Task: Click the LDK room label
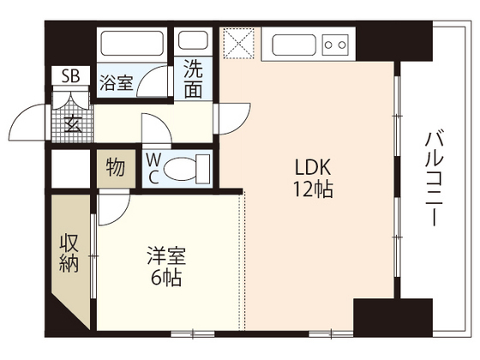[x=313, y=167]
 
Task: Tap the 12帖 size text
[x=313, y=189]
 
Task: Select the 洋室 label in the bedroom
[x=166, y=255]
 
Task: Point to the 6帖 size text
[x=166, y=278]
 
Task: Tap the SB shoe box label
[x=70, y=75]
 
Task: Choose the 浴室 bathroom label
[x=117, y=82]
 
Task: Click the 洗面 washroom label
[x=193, y=79]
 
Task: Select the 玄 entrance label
[x=73, y=123]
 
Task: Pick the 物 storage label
[x=116, y=167]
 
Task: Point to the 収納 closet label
[x=69, y=253]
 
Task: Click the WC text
[x=153, y=168]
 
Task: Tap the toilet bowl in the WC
[x=180, y=168]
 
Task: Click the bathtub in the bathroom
[x=132, y=43]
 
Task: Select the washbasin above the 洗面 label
[x=193, y=39]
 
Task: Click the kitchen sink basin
[x=294, y=45]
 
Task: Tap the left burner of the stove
[x=328, y=45]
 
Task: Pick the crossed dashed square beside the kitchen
[x=238, y=43]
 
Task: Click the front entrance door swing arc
[x=26, y=122]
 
